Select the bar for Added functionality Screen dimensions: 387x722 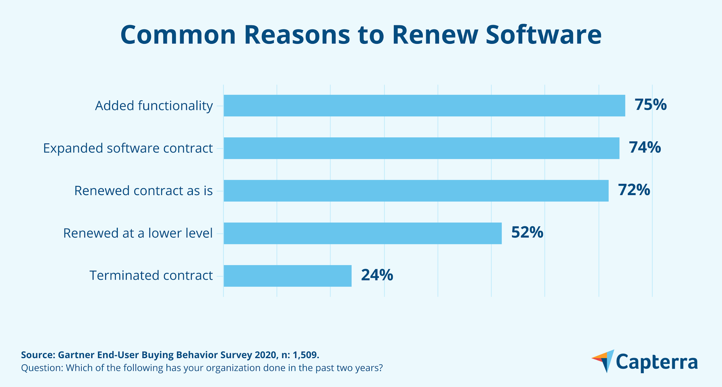[424, 106]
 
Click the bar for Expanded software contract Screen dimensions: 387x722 [421, 148]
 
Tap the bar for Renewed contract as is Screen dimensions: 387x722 [416, 191]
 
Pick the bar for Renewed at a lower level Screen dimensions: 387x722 [362, 233]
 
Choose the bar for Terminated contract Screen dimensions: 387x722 [287, 276]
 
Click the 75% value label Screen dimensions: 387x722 [650, 105]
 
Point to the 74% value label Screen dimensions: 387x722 [645, 147]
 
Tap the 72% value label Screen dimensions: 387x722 [634, 190]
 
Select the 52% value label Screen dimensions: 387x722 [527, 233]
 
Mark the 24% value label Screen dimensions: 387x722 [377, 275]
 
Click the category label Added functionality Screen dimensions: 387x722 [154, 106]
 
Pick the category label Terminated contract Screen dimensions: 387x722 [151, 276]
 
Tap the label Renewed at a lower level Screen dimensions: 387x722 [138, 233]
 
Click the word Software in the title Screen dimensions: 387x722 [544, 35]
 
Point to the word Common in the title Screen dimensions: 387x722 [178, 35]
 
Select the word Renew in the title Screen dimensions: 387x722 [435, 35]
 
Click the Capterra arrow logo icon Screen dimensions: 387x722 [604, 361]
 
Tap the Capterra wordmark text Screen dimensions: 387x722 [657, 362]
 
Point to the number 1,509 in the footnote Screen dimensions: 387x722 [306, 355]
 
